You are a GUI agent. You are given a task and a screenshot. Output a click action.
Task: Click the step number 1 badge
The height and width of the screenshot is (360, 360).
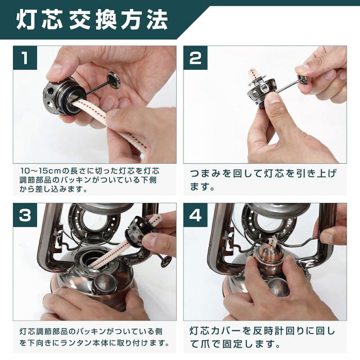[x=25, y=57]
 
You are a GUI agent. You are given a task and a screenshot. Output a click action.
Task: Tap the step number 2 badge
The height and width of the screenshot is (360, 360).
[x=195, y=57]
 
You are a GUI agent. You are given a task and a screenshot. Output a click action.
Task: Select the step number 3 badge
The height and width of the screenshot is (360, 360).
[x=25, y=215]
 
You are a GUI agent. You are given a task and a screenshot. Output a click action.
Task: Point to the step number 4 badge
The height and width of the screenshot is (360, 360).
[x=195, y=215]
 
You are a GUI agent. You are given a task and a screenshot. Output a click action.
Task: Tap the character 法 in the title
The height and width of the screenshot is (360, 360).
[x=156, y=20]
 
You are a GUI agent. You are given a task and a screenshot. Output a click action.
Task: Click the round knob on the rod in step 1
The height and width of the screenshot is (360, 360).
[x=114, y=80]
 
